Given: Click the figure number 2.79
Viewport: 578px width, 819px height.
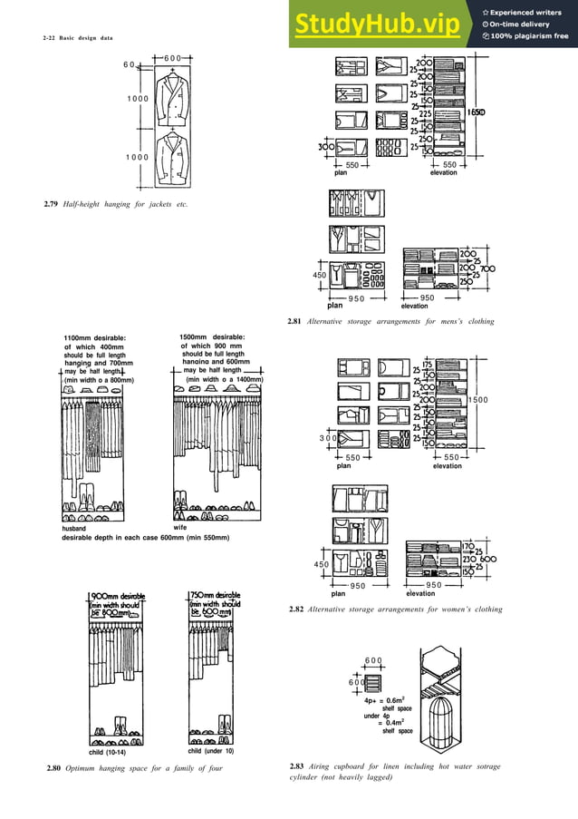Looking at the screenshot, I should click(x=51, y=205).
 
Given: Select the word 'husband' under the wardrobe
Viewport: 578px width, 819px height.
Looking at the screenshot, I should click(x=73, y=527).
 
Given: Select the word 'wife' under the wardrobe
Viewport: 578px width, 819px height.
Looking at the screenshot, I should click(x=179, y=526).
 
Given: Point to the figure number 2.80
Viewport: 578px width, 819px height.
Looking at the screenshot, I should click(x=52, y=769).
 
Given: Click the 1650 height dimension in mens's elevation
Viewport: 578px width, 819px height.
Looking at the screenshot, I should click(x=477, y=112).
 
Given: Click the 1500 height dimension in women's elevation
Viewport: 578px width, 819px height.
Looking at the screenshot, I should click(x=479, y=400).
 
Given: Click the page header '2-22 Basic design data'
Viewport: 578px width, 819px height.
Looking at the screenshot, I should click(x=80, y=38).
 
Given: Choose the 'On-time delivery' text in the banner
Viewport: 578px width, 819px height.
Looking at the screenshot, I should click(x=525, y=24).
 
